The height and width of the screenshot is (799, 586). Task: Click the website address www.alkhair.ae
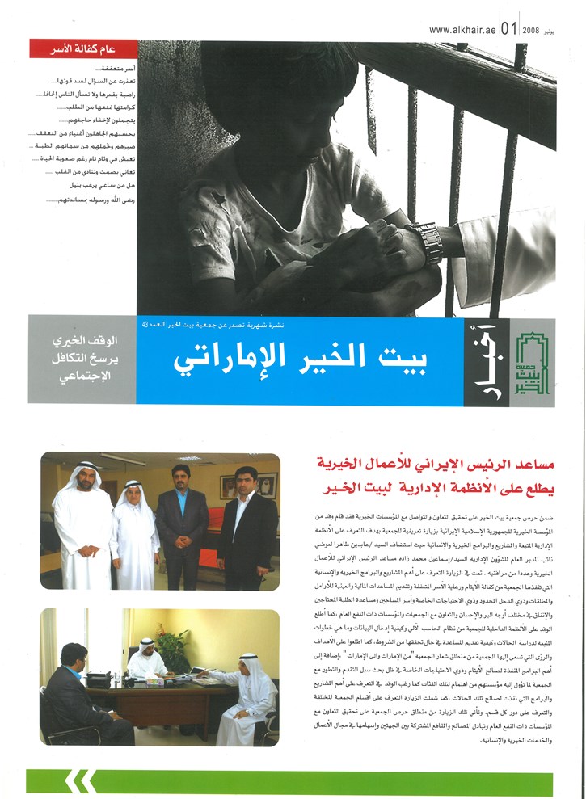tap(462, 30)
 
